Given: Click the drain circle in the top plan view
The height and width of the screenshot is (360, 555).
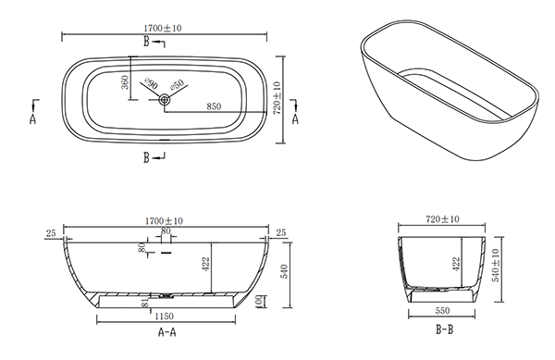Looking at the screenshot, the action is click(165, 100).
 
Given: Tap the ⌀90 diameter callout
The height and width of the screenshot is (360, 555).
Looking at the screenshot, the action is click(151, 84).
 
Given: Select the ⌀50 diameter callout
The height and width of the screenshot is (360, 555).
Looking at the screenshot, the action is click(177, 84).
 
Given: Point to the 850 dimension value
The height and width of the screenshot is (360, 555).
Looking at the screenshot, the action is click(214, 106).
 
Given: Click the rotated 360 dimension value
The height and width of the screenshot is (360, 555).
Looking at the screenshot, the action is click(125, 82).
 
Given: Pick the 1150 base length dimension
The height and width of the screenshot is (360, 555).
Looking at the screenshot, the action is click(164, 316).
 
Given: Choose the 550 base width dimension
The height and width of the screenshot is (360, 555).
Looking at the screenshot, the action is click(442, 310).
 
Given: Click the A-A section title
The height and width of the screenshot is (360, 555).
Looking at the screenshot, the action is click(166, 332).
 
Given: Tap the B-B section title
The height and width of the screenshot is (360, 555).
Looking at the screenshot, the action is click(444, 329).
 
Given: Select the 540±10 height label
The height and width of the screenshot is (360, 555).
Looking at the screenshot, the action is click(496, 265).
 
